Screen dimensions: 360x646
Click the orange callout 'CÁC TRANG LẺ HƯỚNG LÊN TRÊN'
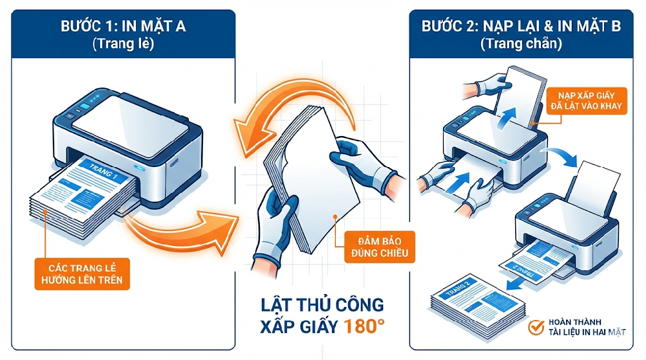click(x=81, y=272)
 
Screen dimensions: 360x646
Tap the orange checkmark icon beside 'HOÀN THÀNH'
click(x=534, y=328)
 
